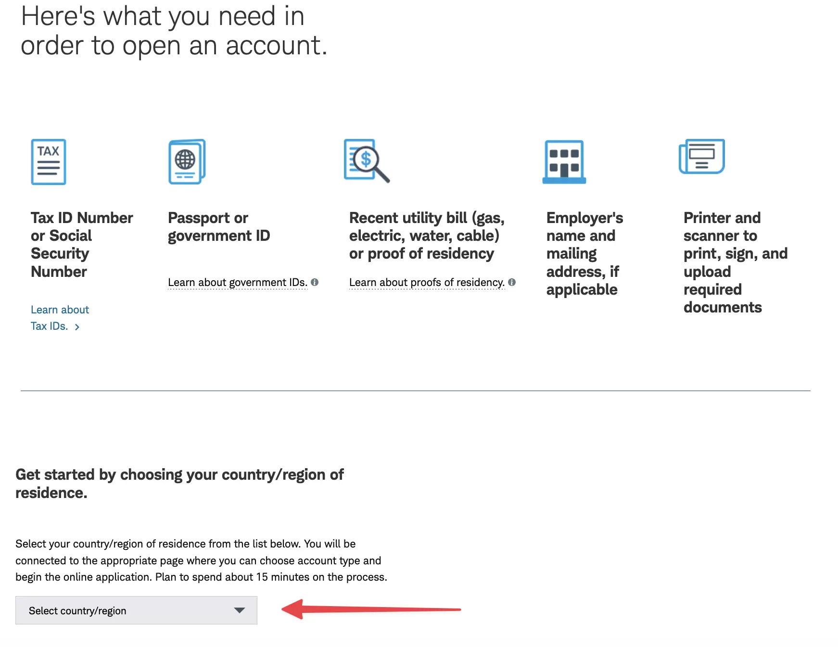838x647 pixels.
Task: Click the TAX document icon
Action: [x=49, y=162]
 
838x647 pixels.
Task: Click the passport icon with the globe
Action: [x=187, y=162]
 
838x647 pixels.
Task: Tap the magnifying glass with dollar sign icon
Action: [x=367, y=161]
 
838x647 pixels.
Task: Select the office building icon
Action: [x=564, y=162]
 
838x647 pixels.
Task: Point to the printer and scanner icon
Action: [x=701, y=156]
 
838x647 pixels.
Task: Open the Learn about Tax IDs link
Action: [x=60, y=318]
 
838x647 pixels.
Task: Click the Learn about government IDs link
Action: [x=238, y=282]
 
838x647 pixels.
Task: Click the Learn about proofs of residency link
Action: [x=427, y=282]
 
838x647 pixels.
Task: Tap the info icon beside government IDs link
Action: [x=315, y=282]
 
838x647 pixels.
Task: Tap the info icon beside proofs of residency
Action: [x=512, y=282]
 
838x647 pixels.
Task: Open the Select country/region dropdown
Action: [x=136, y=610]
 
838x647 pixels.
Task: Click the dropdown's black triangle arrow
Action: [x=239, y=610]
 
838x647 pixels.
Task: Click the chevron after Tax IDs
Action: [x=77, y=327]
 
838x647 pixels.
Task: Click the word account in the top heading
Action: [x=276, y=46]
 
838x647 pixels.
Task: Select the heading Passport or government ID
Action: [x=219, y=226]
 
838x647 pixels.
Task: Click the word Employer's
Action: [x=584, y=218]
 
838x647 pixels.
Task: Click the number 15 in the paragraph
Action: [x=262, y=577]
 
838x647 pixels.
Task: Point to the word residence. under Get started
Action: [x=51, y=493]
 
